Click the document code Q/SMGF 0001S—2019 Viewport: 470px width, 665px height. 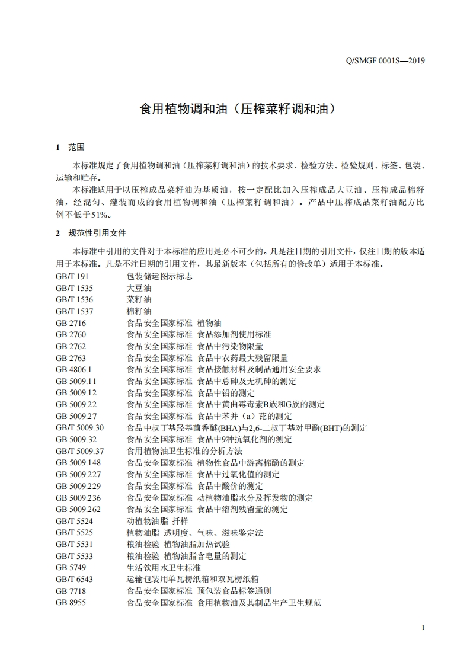[386, 60]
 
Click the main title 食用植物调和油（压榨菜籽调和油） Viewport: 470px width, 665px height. [235, 109]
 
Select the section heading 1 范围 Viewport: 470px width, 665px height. [70, 148]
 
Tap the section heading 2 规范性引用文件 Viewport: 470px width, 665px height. [91, 233]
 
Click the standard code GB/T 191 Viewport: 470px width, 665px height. [72, 277]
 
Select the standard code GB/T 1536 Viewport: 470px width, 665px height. [74, 300]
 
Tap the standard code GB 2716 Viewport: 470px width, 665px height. [71, 323]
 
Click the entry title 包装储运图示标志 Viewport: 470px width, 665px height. [159, 277]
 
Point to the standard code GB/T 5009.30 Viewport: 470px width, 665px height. [79, 427]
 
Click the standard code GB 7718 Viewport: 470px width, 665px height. [71, 591]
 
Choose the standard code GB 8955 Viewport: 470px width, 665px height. [71, 602]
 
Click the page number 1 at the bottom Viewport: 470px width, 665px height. [423, 628]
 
